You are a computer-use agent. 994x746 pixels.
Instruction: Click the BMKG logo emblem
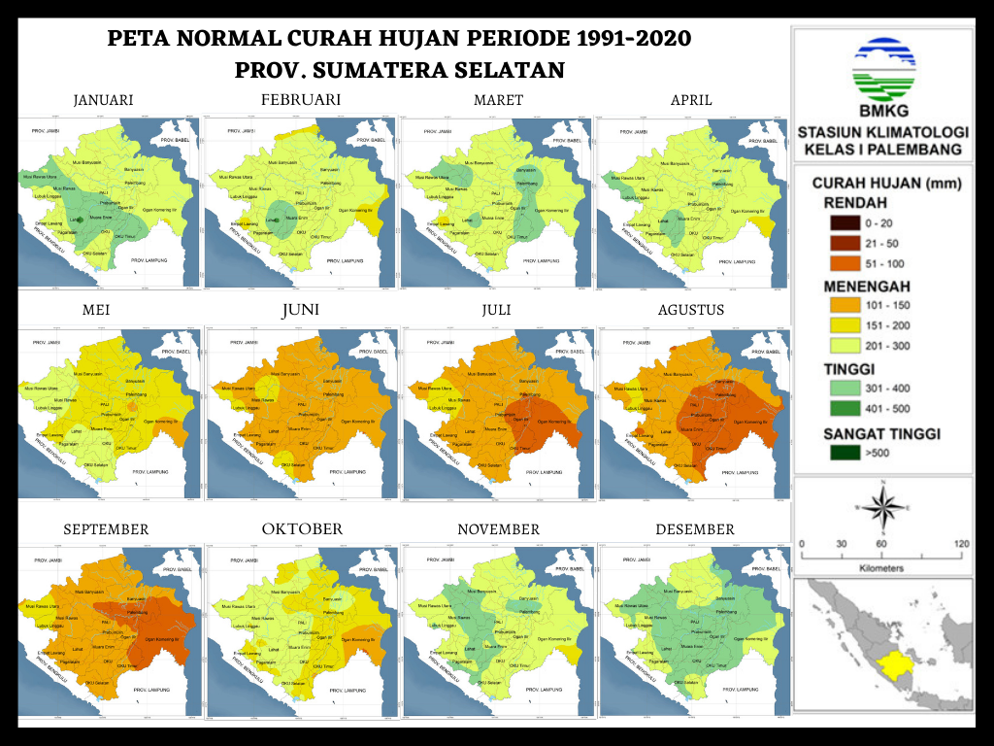coord(882,63)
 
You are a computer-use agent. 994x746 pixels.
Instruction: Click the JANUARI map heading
coord(104,100)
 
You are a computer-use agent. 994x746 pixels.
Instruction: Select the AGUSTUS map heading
coord(690,310)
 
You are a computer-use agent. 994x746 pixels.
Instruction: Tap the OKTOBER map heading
coord(302,529)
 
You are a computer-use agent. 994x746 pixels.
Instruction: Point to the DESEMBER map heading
coord(694,529)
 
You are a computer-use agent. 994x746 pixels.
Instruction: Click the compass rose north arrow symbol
coord(882,507)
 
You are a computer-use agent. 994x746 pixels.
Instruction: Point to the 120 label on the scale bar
coord(961,543)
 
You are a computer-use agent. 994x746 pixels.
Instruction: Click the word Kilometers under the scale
coord(882,567)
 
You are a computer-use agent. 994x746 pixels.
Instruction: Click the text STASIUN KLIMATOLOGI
coord(882,132)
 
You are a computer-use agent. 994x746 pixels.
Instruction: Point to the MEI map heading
coord(104,310)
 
